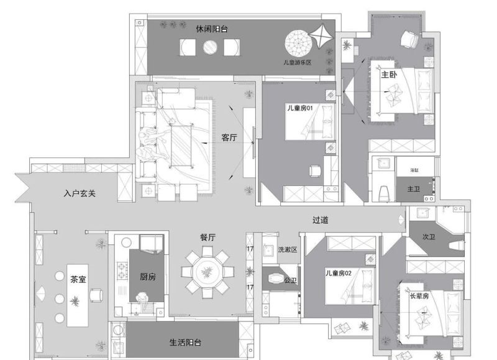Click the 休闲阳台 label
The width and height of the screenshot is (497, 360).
point(211,29)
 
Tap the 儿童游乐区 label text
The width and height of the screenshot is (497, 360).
point(296,63)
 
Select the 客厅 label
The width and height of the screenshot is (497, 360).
point(229,138)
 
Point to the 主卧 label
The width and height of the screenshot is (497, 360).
point(389,75)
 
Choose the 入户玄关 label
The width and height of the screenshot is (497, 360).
point(80,193)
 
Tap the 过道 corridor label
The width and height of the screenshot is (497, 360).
point(320,220)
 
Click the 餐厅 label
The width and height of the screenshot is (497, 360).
point(207,238)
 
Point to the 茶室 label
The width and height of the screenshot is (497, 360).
point(78,279)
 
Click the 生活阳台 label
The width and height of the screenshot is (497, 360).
point(185,343)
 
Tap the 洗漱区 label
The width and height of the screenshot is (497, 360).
point(287,249)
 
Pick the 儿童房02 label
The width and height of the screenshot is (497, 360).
point(339,273)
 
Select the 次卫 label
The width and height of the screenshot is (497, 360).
point(428,237)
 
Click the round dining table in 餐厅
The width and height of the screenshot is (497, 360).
point(207,272)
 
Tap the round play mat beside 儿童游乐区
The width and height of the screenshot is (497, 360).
point(298,43)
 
